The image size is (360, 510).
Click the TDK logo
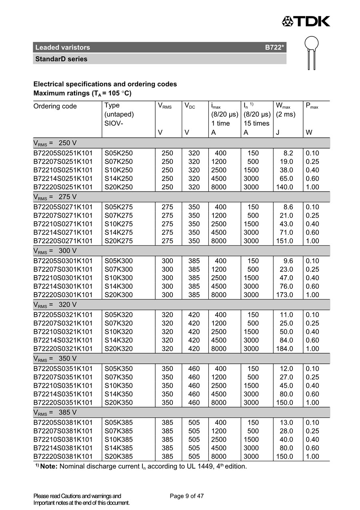click(x=306, y=21)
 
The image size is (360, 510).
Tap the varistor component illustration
click(x=312, y=52)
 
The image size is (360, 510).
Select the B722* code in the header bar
click(x=274, y=48)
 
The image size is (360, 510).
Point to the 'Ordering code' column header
click(x=55, y=106)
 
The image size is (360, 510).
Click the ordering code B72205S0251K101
click(x=63, y=153)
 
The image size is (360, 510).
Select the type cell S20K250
click(x=118, y=187)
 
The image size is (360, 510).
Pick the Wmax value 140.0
click(x=284, y=187)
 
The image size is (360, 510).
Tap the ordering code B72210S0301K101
click(x=63, y=278)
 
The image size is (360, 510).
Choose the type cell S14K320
click(x=118, y=340)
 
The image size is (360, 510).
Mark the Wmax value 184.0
click(x=284, y=348)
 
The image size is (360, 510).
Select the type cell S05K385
click(x=118, y=422)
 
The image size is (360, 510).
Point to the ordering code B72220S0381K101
click(x=63, y=456)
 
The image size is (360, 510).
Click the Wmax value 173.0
click(x=284, y=295)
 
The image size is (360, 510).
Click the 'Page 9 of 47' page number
click(x=187, y=496)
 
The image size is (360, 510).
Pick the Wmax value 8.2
click(x=288, y=153)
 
